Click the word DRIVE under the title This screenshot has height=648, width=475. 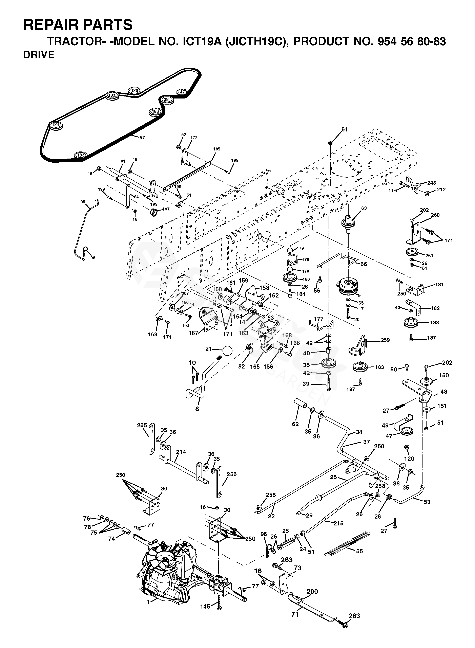pos(39,55)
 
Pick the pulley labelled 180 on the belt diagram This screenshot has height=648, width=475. pos(134,91)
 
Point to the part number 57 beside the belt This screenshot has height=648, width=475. pos(142,138)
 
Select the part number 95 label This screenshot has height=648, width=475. pos(83,202)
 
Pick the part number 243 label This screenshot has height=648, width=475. pos(432,183)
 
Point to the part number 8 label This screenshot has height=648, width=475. pos(197,409)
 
